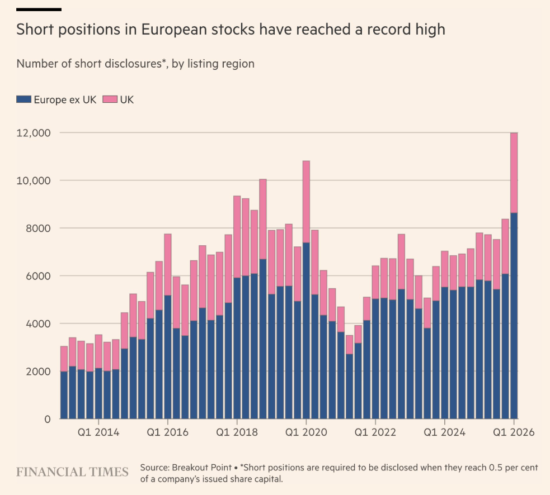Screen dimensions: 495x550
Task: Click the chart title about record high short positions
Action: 231,30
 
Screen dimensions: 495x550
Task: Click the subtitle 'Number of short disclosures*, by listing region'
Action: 135,64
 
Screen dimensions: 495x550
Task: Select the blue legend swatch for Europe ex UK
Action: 23,100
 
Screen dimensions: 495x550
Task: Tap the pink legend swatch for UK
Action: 110,100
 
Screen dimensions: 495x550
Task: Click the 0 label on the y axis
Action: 47,419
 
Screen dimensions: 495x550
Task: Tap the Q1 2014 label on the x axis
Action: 98,433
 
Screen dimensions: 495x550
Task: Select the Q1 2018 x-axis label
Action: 237,433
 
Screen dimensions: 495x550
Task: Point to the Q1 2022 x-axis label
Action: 376,433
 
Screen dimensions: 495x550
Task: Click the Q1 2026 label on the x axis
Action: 514,433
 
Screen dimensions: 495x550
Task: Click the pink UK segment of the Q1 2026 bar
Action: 514,173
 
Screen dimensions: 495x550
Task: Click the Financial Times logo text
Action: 72,473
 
